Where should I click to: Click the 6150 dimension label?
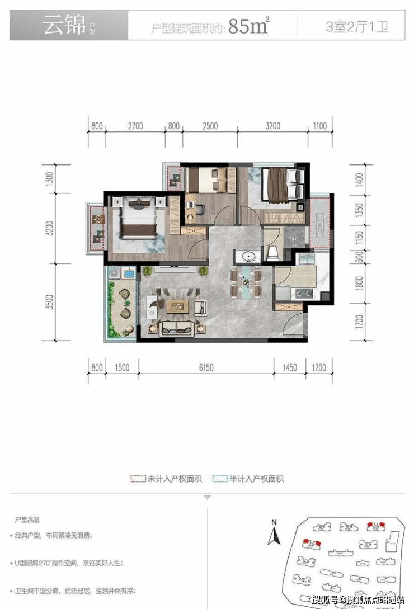coord(206,367)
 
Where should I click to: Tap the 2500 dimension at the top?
coord(210,126)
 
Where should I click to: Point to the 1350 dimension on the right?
coord(359,210)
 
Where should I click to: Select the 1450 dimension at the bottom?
coord(290,367)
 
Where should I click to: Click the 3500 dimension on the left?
coord(49,302)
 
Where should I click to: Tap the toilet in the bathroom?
coord(272,253)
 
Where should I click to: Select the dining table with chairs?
coord(246,283)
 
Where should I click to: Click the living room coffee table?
coord(177,306)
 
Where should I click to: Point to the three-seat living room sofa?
coord(177,329)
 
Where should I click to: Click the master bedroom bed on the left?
coord(139,218)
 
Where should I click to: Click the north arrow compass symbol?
coord(274,532)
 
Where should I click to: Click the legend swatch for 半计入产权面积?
coord(220,479)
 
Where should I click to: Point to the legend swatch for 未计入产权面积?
coord(138,479)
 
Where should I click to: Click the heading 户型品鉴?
coord(27,520)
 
